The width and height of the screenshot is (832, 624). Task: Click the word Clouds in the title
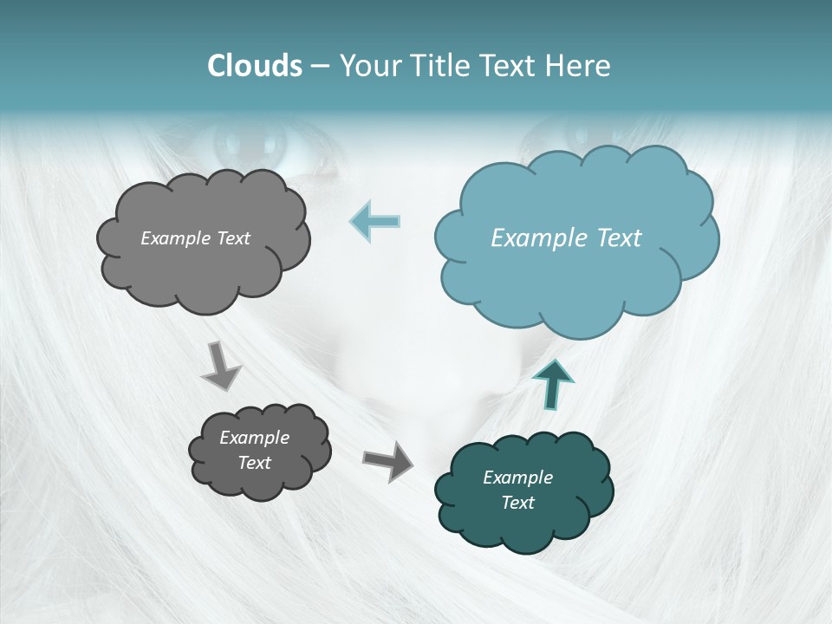point(255,66)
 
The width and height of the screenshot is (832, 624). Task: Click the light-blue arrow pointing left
point(374,222)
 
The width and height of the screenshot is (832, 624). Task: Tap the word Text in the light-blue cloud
point(619,238)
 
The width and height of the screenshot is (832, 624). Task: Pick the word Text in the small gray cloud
point(255,463)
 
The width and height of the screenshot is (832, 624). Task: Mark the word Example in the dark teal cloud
point(517,478)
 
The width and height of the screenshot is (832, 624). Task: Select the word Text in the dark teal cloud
point(517,503)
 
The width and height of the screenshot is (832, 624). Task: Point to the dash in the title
point(320,66)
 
